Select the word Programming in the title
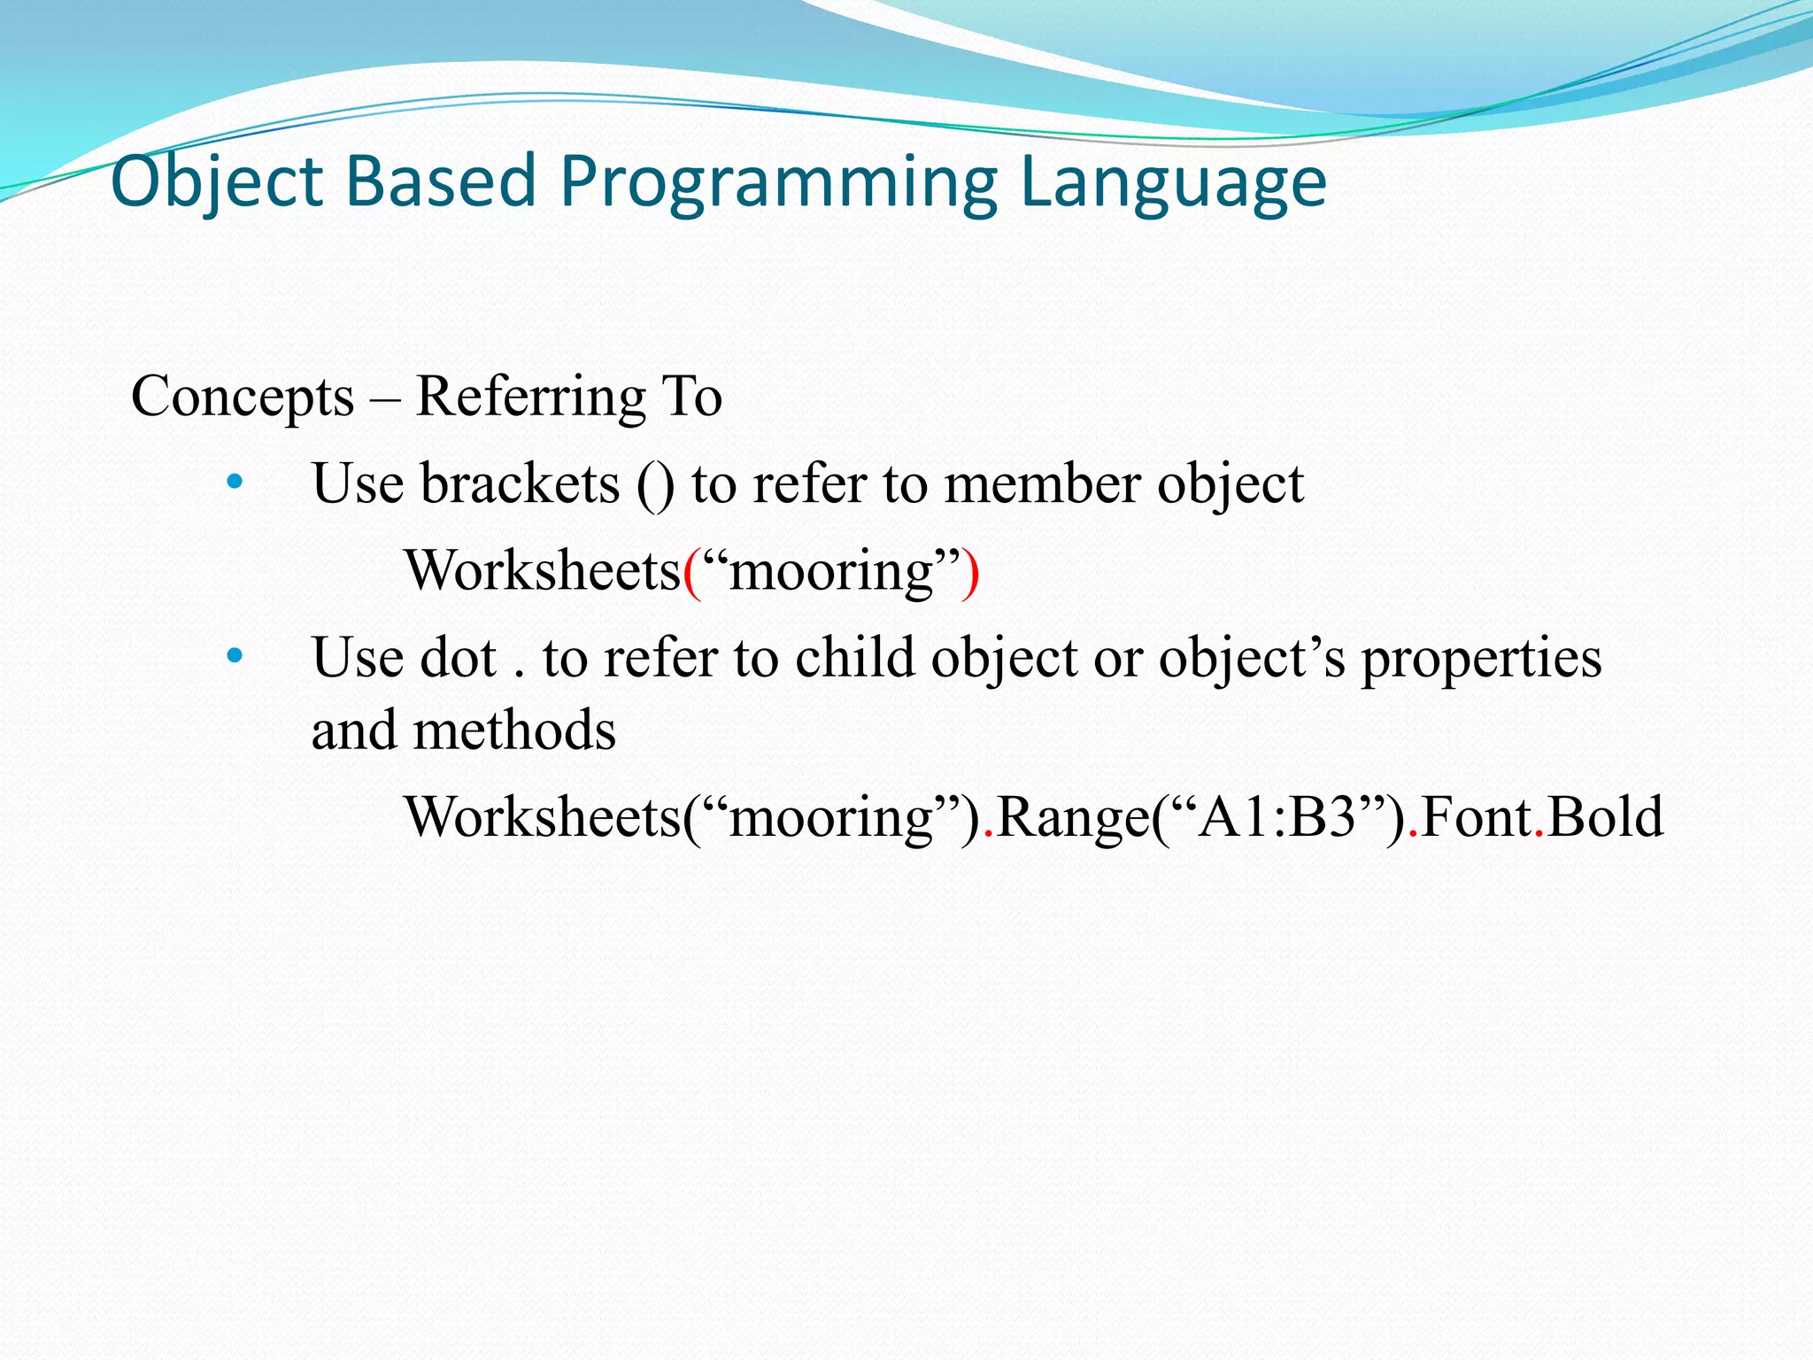pos(779,182)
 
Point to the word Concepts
pos(243,397)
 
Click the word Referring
pos(530,397)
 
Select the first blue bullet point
pos(235,483)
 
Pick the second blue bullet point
pos(235,656)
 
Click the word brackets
pos(520,484)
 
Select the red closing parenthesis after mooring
pos(971,571)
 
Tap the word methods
pos(514,730)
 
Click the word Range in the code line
pos(1072,817)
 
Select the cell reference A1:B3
pos(1277,816)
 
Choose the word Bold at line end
pos(1606,816)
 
